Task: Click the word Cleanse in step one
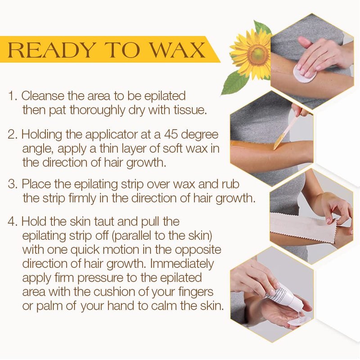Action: click(43, 95)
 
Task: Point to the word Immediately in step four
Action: click(182, 265)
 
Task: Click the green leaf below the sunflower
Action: click(234, 82)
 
